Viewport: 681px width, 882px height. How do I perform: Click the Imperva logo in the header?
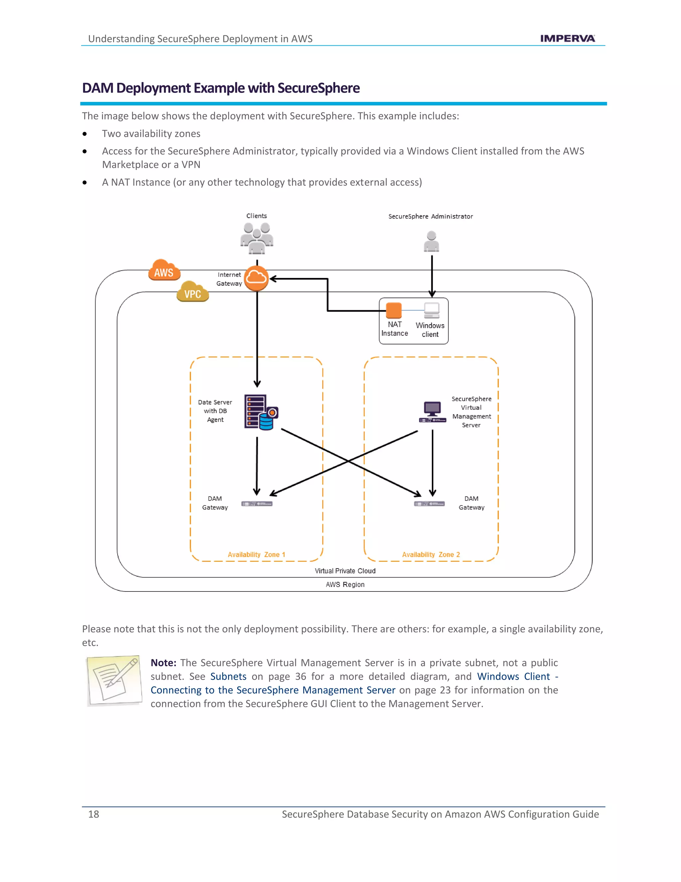pos(567,38)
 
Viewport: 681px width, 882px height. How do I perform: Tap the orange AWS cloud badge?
pos(164,271)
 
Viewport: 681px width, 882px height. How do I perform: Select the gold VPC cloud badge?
pos(193,292)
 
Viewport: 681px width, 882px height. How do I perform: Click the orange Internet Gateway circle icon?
pos(256,278)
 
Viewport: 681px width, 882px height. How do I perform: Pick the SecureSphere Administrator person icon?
pos(431,242)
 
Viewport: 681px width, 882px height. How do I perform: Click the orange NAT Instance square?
pos(393,310)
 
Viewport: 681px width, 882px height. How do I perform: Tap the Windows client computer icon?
pos(431,310)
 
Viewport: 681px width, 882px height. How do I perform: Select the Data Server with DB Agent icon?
pos(261,412)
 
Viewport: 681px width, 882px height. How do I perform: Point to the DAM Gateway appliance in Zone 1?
pos(257,504)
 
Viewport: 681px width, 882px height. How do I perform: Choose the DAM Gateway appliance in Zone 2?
pos(429,504)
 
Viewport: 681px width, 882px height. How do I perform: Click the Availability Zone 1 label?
pos(256,554)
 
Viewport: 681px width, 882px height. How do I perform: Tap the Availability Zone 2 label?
pos(431,554)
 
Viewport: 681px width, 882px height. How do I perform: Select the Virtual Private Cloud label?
pos(345,570)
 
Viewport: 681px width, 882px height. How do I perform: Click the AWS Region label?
pos(345,584)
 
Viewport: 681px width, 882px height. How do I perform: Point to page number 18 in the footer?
pos(93,814)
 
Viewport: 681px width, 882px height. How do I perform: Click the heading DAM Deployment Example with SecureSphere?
pos(221,88)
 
